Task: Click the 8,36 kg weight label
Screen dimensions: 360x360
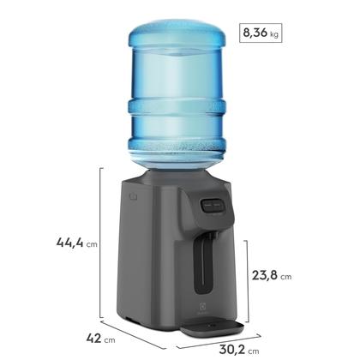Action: pyautogui.click(x=257, y=35)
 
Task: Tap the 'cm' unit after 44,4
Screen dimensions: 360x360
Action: pyautogui.click(x=91, y=244)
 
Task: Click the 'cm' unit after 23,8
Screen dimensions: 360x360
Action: pyautogui.click(x=286, y=278)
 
